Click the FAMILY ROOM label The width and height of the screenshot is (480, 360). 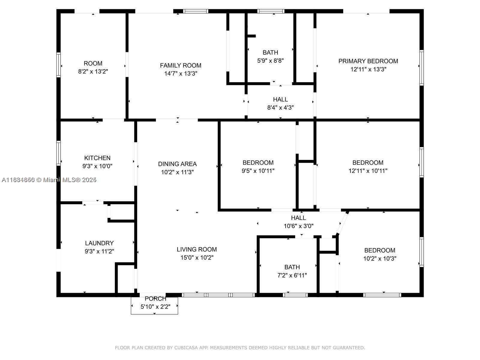pyautogui.click(x=180, y=65)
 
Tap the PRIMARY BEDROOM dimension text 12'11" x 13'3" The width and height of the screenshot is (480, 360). pyautogui.click(x=368, y=69)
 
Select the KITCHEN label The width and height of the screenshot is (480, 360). pyautogui.click(x=97, y=158)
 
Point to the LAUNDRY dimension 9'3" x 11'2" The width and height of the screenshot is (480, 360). pyautogui.click(x=99, y=251)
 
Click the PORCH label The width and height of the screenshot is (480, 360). pyautogui.click(x=155, y=299)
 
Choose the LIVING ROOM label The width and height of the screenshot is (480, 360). pyautogui.click(x=196, y=249)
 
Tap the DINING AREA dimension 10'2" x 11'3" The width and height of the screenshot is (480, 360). pyautogui.click(x=177, y=172)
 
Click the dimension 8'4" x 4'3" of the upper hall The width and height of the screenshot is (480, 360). pyautogui.click(x=280, y=107)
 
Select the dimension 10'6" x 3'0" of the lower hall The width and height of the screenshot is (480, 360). pyautogui.click(x=298, y=226)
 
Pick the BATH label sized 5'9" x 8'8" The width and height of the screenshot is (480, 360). pyautogui.click(x=270, y=52)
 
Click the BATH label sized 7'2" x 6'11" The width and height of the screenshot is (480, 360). pyautogui.click(x=292, y=267)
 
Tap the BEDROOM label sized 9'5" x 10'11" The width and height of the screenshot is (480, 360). pyautogui.click(x=258, y=163)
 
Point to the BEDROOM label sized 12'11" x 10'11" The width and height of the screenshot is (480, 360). pyautogui.click(x=368, y=163)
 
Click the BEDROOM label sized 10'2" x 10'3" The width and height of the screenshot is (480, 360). pyautogui.click(x=379, y=250)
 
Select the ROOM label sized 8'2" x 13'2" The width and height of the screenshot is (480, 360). pyautogui.click(x=93, y=63)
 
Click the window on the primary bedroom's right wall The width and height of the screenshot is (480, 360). pyautogui.click(x=421, y=67)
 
